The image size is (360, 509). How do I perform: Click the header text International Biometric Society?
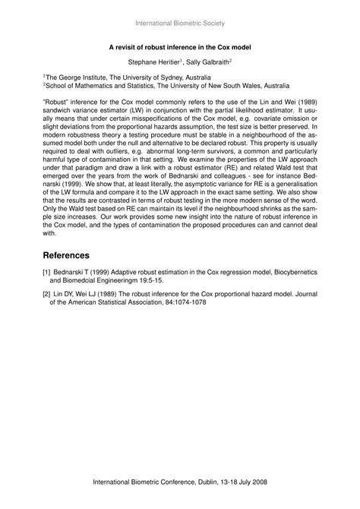click(x=180, y=24)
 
